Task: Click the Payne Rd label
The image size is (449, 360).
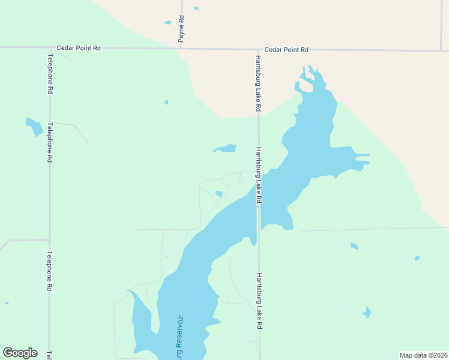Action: tap(181, 29)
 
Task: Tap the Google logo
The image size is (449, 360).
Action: tap(20, 353)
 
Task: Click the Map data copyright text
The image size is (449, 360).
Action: tap(423, 355)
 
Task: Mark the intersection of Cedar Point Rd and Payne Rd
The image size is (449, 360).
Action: tap(181, 48)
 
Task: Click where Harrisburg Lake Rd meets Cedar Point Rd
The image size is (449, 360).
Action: tap(259, 49)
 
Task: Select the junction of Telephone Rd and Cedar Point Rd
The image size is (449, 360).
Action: tap(50, 47)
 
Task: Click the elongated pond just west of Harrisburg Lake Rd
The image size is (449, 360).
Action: tap(226, 148)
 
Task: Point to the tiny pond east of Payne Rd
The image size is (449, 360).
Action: tap(196, 8)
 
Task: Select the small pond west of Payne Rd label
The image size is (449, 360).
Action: tap(168, 23)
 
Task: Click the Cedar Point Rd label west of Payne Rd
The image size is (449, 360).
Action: tap(79, 47)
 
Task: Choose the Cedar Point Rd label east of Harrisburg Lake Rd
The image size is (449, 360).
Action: tap(286, 50)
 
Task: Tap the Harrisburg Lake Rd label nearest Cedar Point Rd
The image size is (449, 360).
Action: tap(258, 83)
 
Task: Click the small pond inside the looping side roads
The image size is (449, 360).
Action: tap(219, 193)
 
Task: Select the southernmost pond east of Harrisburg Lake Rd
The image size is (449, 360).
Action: tap(366, 312)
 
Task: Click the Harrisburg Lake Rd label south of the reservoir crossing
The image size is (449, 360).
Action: tap(259, 301)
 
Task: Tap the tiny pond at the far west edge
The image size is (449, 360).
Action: tap(7, 303)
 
